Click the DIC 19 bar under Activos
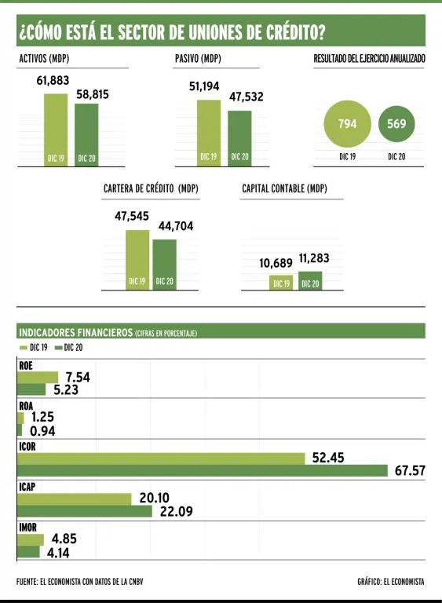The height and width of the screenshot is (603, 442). click(x=56, y=130)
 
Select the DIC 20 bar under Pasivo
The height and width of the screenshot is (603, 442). click(x=239, y=138)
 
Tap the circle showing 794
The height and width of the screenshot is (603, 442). click(x=347, y=124)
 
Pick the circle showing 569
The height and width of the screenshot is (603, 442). click(x=396, y=124)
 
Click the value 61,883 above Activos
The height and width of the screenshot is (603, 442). click(x=53, y=80)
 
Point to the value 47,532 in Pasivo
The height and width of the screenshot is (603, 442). click(x=247, y=97)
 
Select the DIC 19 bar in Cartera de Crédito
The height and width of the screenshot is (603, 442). click(x=137, y=260)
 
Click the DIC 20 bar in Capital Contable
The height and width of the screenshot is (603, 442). click(x=310, y=281)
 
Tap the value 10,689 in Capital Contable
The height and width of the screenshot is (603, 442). click(x=276, y=263)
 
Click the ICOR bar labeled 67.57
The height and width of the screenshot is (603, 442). click(x=203, y=471)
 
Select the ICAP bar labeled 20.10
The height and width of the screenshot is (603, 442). click(x=75, y=499)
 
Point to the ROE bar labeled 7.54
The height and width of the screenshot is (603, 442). click(x=38, y=378)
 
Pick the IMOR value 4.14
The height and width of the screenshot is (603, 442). click(x=58, y=553)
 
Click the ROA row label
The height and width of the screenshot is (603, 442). click(x=26, y=406)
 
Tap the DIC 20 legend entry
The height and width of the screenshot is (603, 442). click(x=69, y=348)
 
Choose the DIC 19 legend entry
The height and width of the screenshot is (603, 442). click(x=34, y=348)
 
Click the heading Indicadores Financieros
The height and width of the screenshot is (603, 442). click(x=76, y=332)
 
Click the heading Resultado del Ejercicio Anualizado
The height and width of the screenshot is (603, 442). click(x=369, y=59)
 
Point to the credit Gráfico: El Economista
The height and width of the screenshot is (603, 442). click(x=391, y=582)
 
